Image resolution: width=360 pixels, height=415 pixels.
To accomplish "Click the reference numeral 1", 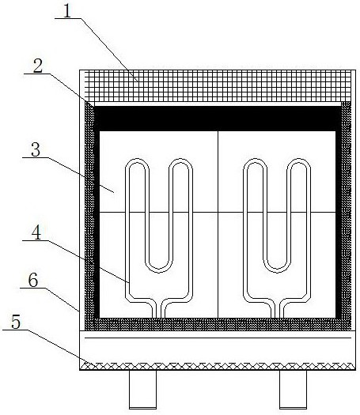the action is coord(67,11).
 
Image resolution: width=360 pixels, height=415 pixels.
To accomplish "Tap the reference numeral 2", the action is coord(38,66).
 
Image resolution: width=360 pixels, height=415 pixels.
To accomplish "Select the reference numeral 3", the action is coord(36,150).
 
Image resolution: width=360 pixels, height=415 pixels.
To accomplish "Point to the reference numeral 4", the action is coord(36,233).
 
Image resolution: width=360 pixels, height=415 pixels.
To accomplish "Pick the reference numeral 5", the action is coord(16,323).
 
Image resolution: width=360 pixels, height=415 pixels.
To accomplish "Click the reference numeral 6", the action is coord(33,281).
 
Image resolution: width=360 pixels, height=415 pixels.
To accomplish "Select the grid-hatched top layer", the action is coord(218,85).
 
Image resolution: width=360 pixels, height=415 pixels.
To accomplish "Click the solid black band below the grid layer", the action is coord(218,119).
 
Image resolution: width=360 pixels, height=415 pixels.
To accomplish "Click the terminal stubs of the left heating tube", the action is coord(159,310).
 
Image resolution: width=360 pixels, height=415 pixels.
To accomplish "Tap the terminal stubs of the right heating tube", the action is coord(277,310).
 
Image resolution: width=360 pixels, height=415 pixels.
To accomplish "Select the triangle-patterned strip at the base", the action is coord(218,366).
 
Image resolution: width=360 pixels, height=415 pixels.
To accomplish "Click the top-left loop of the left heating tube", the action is coord(137,165).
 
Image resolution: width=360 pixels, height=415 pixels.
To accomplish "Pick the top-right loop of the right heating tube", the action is coord(299,165).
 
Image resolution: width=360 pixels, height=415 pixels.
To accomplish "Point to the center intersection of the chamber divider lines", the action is coord(218,212).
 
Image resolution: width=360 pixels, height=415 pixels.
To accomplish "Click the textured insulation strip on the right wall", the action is coord(346,212).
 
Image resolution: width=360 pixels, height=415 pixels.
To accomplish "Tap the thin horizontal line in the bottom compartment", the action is coord(218,338).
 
